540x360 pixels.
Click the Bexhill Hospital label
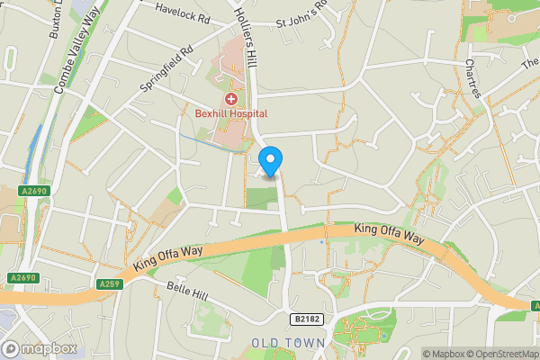tap(231, 113)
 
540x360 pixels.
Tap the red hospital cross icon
tap(231, 98)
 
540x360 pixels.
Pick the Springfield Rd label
tap(166, 69)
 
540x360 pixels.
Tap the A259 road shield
tap(110, 284)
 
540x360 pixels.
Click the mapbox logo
tap(40, 347)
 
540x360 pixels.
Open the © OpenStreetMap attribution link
tap(503, 353)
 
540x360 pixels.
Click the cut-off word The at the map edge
tap(530, 61)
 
